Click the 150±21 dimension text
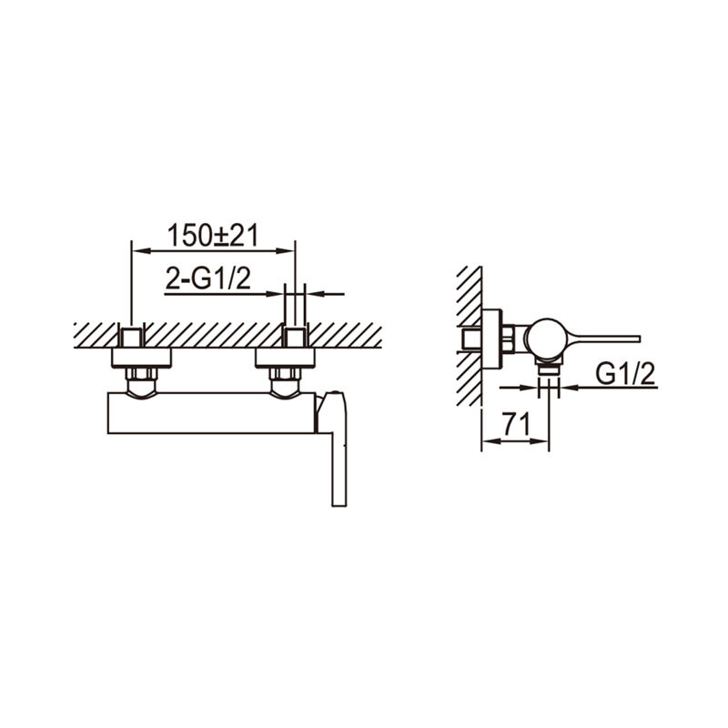[x=213, y=235]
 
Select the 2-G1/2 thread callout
[x=208, y=278]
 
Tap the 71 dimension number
[x=516, y=424]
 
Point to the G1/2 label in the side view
[x=625, y=374]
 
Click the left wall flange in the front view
[x=141, y=358]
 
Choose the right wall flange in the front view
[x=285, y=358]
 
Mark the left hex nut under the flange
[x=141, y=374]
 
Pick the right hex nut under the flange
[x=285, y=374]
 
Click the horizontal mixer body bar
[x=212, y=413]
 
